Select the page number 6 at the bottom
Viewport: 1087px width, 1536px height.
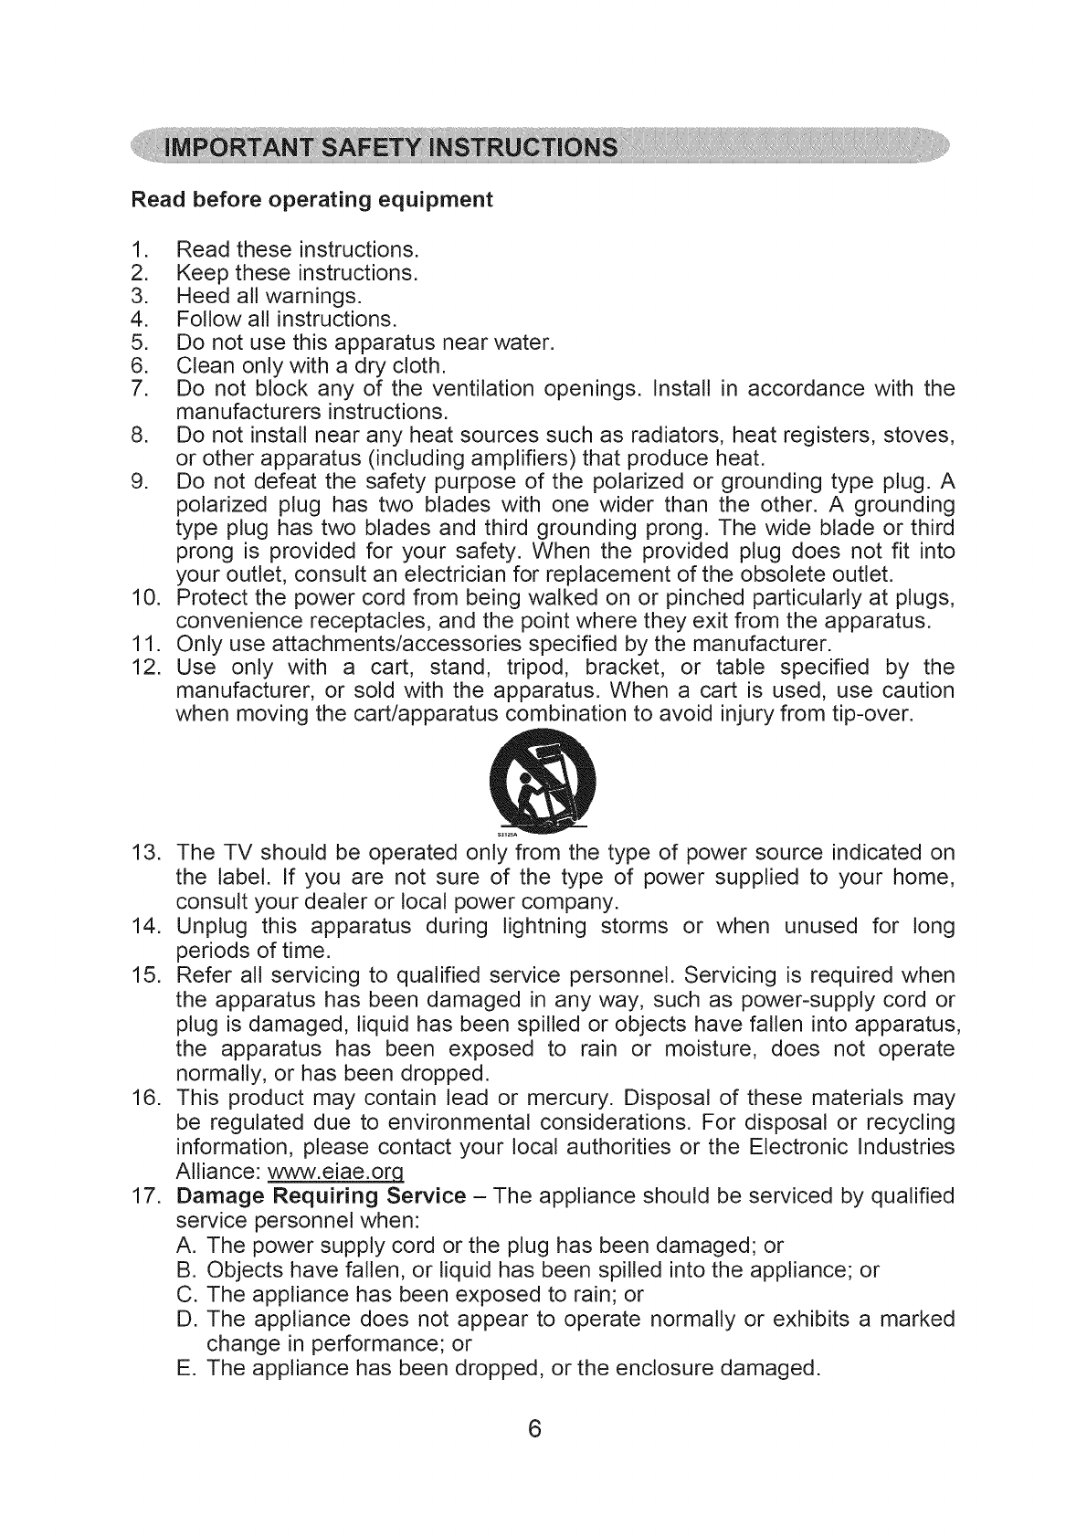[x=535, y=1429]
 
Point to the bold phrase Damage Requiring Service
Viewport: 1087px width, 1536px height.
[x=322, y=1196]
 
